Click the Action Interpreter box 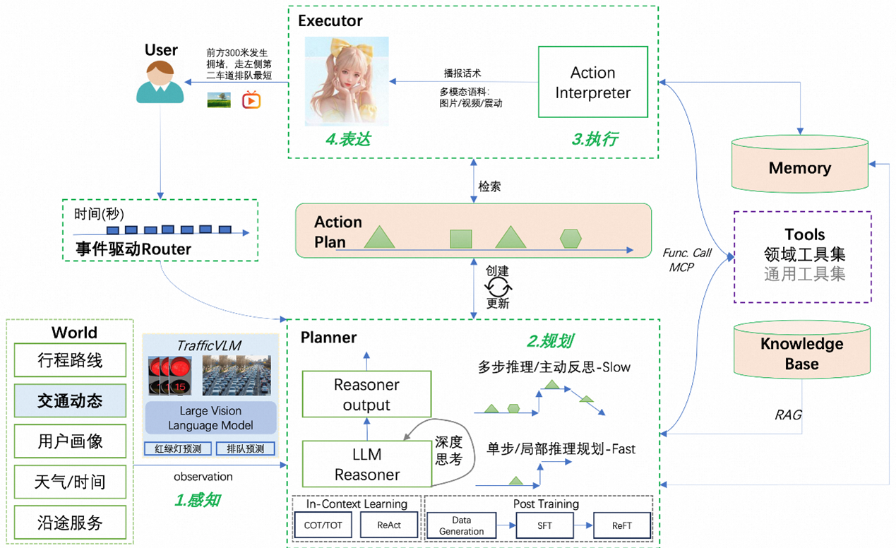click(592, 82)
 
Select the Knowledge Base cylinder click(801, 354)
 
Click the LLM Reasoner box click(366, 464)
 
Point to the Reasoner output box click(366, 394)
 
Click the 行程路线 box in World click(70, 361)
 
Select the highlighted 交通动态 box click(70, 401)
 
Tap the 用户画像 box click(70, 442)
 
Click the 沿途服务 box click(70, 523)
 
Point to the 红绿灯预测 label click(173, 449)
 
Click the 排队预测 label click(245, 449)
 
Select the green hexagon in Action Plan click(571, 239)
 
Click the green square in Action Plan click(461, 239)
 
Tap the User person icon click(160, 83)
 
